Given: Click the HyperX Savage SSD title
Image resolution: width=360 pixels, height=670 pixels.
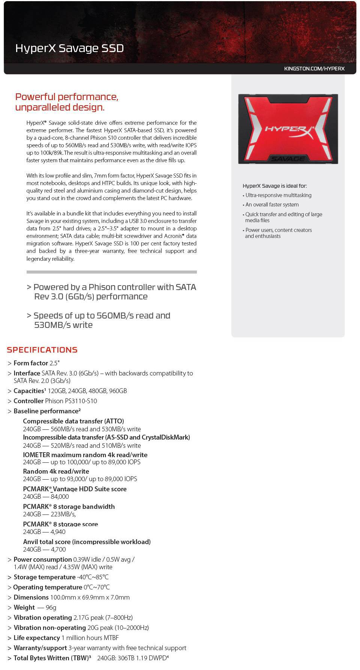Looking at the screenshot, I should point(69,48).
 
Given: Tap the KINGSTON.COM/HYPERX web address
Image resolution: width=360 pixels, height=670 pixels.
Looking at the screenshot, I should point(314,69).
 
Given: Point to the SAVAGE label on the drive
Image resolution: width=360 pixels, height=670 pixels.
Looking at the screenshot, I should point(288,159).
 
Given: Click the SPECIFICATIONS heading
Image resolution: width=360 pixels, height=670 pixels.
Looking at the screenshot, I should point(42,350).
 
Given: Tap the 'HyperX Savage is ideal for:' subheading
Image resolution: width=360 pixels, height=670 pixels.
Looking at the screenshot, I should point(274,186).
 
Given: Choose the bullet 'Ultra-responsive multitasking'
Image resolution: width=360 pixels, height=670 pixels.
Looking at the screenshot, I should point(278,195).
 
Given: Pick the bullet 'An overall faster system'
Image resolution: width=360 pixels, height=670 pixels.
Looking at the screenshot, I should point(272,205).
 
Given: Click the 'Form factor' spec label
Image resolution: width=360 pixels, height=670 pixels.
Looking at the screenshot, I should point(31,363).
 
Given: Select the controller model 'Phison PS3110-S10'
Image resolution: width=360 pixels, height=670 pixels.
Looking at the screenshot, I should point(71,401).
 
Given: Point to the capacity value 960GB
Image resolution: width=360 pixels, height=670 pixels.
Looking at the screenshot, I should point(118,391).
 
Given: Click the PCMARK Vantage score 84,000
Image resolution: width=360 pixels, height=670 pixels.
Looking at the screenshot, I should point(60,497).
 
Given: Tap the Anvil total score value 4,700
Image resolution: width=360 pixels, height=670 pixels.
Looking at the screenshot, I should point(58,549).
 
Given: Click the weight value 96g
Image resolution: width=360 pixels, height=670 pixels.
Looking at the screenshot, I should point(51,607).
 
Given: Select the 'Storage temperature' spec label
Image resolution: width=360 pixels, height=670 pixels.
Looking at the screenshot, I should point(45,577).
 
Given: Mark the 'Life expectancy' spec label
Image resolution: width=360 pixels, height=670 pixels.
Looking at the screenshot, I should point(37,638).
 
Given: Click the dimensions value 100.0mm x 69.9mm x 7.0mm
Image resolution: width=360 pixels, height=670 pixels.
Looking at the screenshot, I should point(90,597).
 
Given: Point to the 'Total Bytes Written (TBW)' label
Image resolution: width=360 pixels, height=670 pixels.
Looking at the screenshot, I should point(52,658).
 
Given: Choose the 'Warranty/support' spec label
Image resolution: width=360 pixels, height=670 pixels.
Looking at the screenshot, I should point(40,648).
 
